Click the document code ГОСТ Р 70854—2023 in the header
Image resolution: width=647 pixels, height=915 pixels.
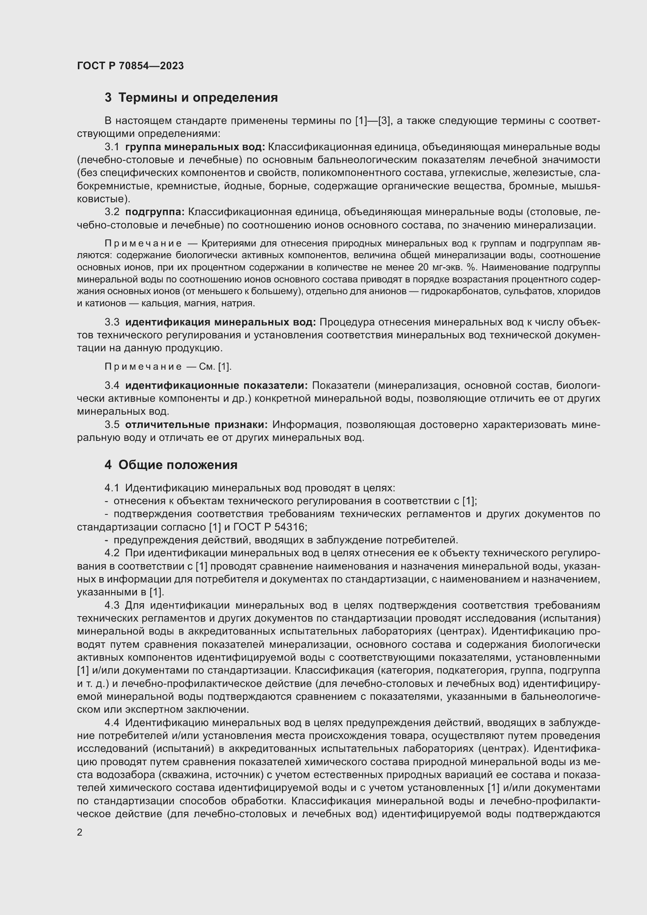pyautogui.click(x=130, y=66)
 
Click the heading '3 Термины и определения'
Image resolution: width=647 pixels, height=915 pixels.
pyautogui.click(x=191, y=97)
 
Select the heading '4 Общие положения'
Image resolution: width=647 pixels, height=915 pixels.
pyautogui.click(x=171, y=465)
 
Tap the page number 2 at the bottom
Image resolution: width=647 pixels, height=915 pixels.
pyautogui.click(x=80, y=832)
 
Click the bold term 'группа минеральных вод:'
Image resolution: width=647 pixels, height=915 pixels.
pyautogui.click(x=195, y=147)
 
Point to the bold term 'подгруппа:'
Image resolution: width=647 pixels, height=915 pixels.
pyautogui.click(x=155, y=212)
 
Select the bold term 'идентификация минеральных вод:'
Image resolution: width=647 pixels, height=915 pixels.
pyautogui.click(x=220, y=322)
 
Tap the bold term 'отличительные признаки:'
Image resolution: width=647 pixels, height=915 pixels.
pyautogui.click(x=196, y=425)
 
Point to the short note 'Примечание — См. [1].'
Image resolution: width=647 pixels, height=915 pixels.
pyautogui.click(x=168, y=367)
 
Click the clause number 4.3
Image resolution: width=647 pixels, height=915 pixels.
pyautogui.click(x=112, y=605)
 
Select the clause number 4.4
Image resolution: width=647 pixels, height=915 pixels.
pyautogui.click(x=112, y=723)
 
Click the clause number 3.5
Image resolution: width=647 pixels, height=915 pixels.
pyautogui.click(x=112, y=425)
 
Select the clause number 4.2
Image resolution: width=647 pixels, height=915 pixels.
pyautogui.click(x=112, y=553)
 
